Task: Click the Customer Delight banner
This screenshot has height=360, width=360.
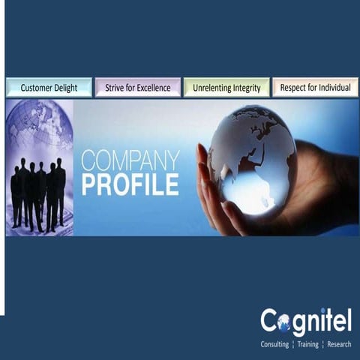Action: click(49, 88)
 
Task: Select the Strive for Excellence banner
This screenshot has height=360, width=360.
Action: click(138, 88)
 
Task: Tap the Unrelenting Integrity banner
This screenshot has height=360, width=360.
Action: click(226, 88)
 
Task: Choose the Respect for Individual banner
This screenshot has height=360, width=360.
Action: click(315, 88)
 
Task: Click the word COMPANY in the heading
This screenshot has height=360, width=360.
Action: click(130, 161)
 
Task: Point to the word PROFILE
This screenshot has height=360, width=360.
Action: click(130, 184)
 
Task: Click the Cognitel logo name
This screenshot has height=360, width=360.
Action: click(306, 322)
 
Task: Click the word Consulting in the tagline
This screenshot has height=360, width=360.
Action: click(274, 344)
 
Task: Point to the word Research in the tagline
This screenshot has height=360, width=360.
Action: click(339, 344)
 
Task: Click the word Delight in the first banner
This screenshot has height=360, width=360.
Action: click(64, 88)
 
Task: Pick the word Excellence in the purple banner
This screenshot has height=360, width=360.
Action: click(152, 88)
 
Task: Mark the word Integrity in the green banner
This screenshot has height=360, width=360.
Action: click(245, 88)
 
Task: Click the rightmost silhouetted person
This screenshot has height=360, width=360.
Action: click(60, 191)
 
